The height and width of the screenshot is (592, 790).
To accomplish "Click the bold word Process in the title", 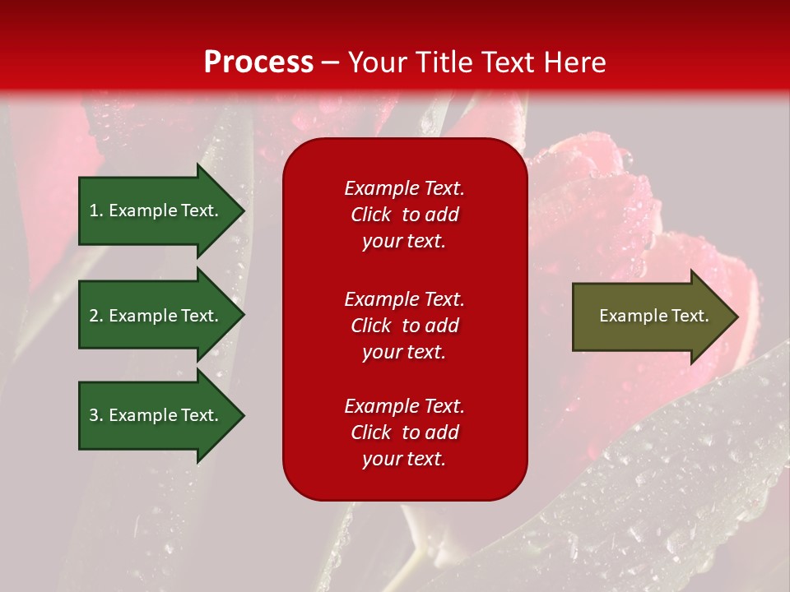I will click(x=258, y=62).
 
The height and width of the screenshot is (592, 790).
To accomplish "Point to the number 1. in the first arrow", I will click(x=96, y=210).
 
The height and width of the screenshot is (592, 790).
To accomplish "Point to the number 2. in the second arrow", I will click(x=96, y=316).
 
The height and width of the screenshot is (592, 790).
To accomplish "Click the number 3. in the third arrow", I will click(x=96, y=415).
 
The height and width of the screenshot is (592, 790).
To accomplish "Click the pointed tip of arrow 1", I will click(x=242, y=210).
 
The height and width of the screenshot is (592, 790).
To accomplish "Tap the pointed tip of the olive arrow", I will click(x=736, y=317).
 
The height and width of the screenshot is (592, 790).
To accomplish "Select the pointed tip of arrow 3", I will click(x=242, y=415).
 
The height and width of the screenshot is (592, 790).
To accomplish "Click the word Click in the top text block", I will click(x=370, y=215).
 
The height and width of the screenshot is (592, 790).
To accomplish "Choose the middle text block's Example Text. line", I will click(x=404, y=298).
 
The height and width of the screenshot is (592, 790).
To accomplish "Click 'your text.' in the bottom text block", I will click(x=404, y=459).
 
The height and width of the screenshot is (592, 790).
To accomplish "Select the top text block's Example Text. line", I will click(x=404, y=188).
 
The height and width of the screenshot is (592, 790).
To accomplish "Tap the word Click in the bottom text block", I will click(x=370, y=432).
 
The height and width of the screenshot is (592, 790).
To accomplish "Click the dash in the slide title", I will click(x=330, y=62).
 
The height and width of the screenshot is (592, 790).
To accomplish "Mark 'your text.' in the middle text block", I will click(x=404, y=352).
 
